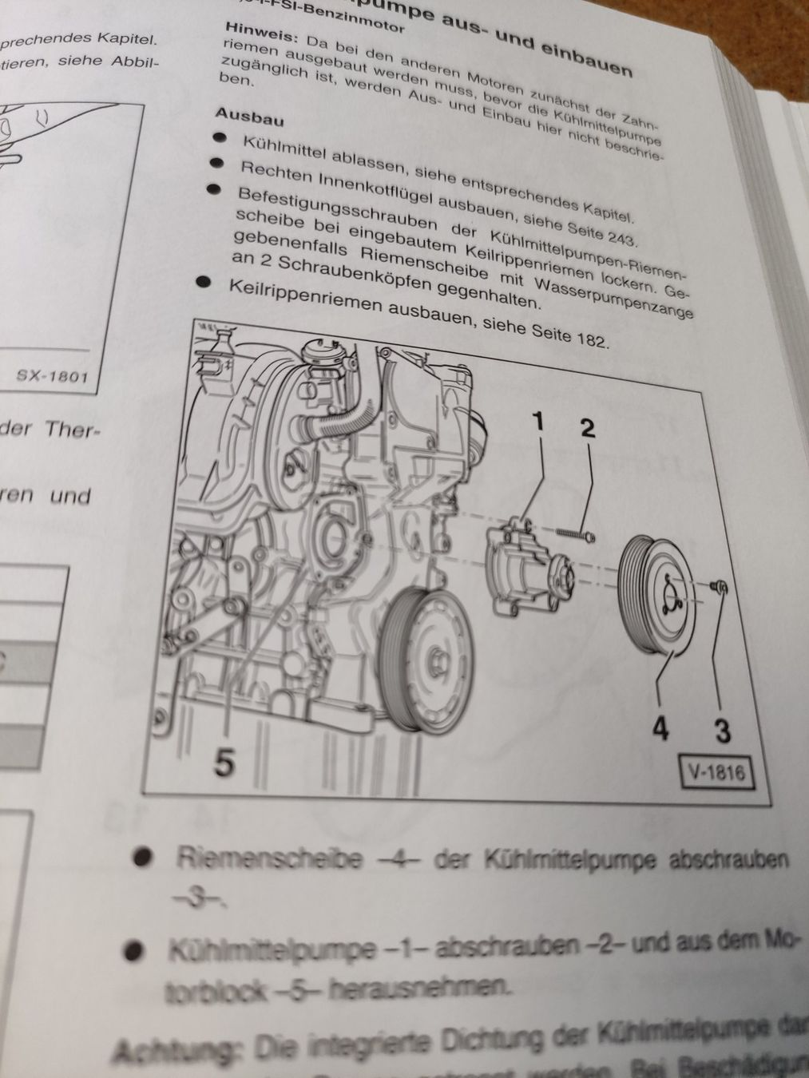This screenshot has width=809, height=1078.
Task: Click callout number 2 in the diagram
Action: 588,428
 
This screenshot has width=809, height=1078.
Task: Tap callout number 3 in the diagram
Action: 722,731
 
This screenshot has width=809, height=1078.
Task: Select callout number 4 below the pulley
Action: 659,728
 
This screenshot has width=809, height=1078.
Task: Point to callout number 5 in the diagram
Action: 224,763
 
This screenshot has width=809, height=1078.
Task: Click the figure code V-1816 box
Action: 715,772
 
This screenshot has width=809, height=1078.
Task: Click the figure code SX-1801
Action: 52,375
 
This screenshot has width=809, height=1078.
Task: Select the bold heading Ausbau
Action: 250,117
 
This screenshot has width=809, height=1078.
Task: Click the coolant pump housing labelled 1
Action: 523,567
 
